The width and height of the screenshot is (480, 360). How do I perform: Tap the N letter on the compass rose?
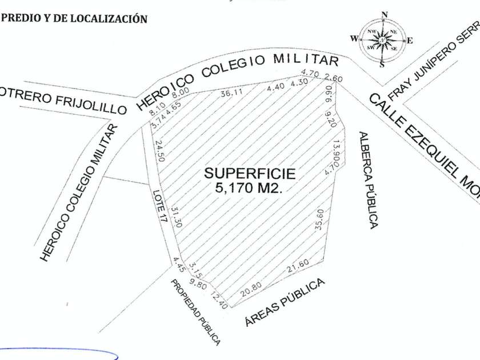(x=385, y=15)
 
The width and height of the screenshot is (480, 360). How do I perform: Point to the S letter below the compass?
(x=382, y=64)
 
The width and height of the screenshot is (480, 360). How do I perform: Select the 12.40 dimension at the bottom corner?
(x=219, y=299)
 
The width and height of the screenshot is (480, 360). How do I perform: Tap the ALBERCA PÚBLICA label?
(x=367, y=180)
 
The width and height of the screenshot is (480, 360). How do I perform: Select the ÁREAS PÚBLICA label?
(x=285, y=302)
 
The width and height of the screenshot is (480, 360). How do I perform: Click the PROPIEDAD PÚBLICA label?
(x=195, y=312)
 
